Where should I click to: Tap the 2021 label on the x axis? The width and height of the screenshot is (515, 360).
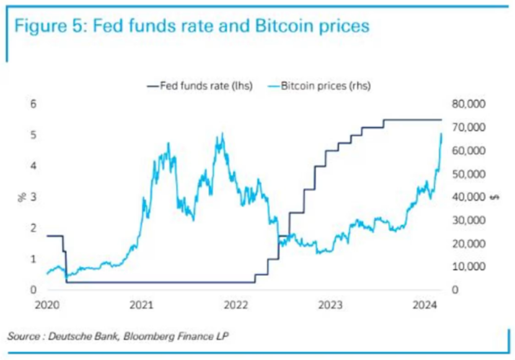(142, 305)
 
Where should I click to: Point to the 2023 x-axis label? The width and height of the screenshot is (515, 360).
(331, 305)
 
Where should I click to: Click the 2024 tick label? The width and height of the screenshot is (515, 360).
(426, 305)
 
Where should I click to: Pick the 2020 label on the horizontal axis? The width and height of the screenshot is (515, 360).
(47, 305)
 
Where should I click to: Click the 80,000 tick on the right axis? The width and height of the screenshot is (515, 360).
(469, 103)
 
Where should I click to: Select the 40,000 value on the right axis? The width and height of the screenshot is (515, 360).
(469, 197)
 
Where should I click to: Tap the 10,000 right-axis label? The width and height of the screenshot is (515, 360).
(469, 267)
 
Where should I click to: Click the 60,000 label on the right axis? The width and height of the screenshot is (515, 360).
(469, 151)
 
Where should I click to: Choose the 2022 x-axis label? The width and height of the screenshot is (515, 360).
(236, 305)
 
